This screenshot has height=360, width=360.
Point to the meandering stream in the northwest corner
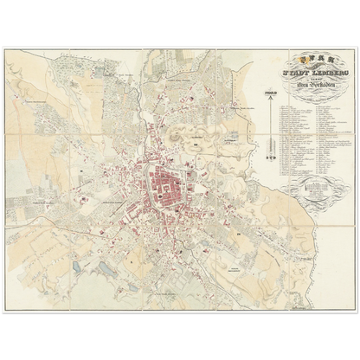[x=35, y=87]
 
